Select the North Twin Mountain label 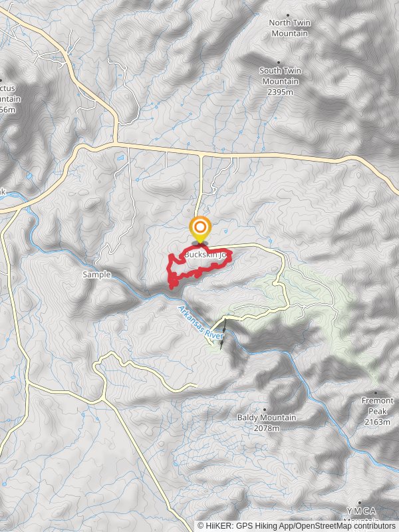(289, 28)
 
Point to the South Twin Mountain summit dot (279, 62)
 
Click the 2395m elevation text (279, 92)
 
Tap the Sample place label (96, 274)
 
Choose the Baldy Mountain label (266, 418)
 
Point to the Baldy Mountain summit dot (265, 409)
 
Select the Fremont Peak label (377, 406)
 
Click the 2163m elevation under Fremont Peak (377, 422)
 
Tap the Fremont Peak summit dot (376, 392)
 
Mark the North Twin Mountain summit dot (288, 15)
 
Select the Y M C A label (361, 511)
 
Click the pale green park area (332, 306)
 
